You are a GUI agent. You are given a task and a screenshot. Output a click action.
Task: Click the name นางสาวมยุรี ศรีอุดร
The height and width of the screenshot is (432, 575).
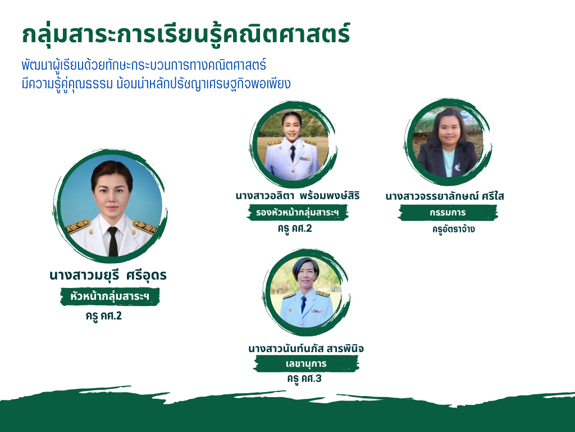click(108, 275)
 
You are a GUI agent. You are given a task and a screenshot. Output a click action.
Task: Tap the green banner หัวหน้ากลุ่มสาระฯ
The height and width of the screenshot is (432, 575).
click(109, 296)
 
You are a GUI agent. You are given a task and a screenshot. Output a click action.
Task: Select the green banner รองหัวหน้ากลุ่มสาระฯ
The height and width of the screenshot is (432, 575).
click(298, 212)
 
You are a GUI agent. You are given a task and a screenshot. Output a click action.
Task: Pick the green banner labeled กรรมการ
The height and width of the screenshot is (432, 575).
click(448, 213)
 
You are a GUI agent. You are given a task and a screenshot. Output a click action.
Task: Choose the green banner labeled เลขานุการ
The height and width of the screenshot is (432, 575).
click(306, 364)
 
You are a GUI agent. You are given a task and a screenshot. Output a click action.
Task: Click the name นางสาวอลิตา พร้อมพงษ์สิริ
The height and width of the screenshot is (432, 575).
click(298, 195)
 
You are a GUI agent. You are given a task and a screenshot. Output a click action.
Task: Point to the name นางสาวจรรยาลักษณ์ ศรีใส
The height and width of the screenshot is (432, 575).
click(445, 196)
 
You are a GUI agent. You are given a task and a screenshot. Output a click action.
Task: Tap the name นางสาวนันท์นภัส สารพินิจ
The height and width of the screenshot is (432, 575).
click(306, 348)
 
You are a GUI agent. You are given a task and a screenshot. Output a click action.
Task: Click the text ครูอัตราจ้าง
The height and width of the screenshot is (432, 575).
click(453, 229)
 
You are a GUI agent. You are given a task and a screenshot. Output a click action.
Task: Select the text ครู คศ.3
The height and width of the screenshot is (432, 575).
click(304, 379)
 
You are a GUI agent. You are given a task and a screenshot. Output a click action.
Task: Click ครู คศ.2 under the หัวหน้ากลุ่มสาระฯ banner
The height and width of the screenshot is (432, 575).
click(104, 316)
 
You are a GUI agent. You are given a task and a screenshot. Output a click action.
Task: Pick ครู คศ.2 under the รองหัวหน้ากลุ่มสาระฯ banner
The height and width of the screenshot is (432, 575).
click(295, 228)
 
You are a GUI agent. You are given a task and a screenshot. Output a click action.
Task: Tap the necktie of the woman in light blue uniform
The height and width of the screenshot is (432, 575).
click(304, 304)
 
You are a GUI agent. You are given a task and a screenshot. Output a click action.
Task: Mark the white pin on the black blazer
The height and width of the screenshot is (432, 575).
click(458, 167)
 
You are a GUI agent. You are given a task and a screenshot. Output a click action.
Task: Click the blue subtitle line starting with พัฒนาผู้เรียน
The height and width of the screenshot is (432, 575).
click(144, 65)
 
